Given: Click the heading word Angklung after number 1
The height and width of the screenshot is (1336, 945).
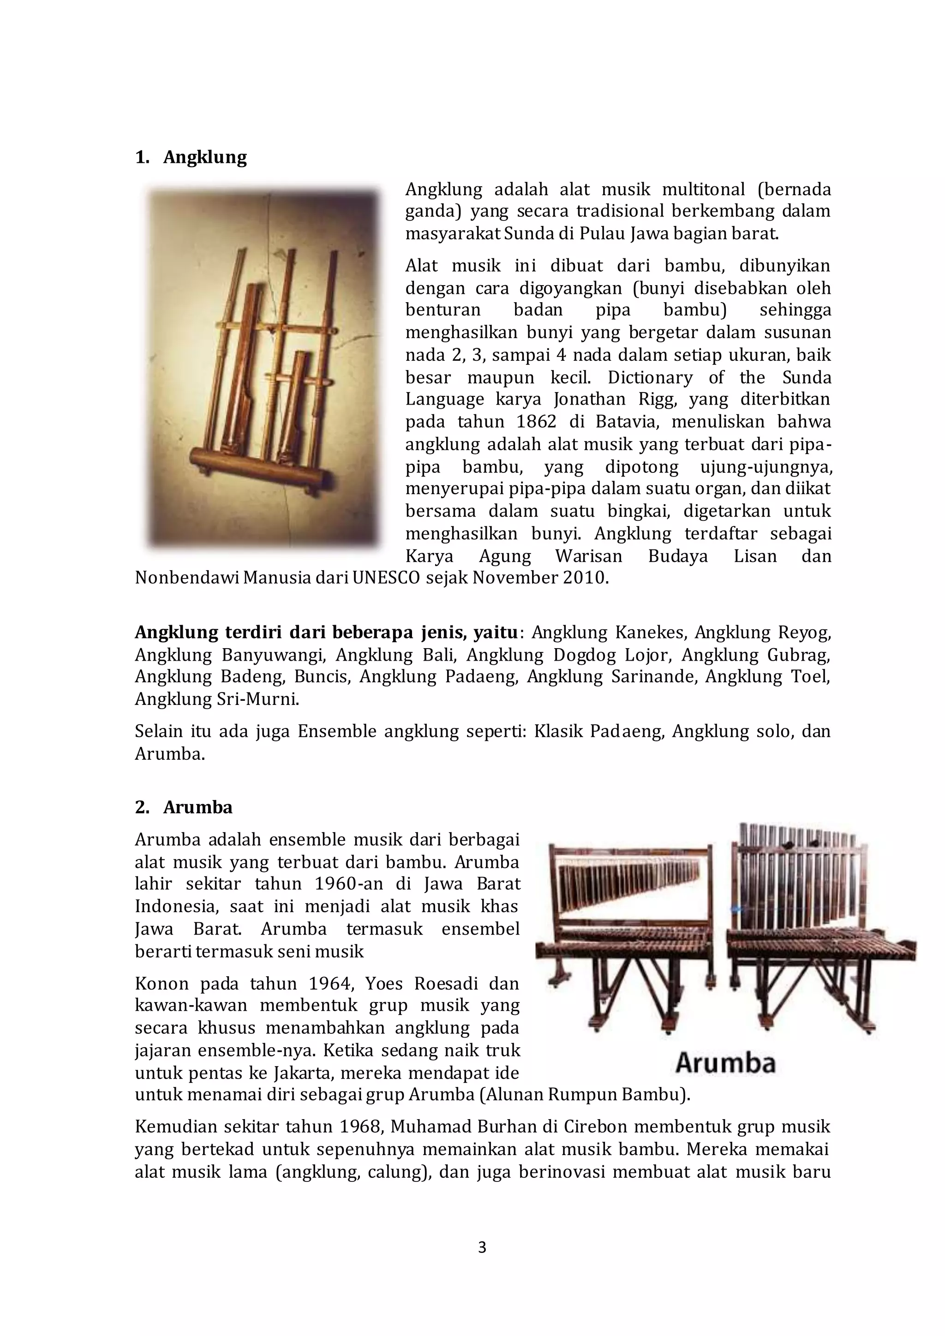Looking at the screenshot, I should click(205, 157).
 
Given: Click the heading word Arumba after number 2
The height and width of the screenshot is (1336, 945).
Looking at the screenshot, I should click(197, 808).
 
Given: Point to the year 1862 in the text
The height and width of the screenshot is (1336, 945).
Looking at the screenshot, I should click(536, 422).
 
